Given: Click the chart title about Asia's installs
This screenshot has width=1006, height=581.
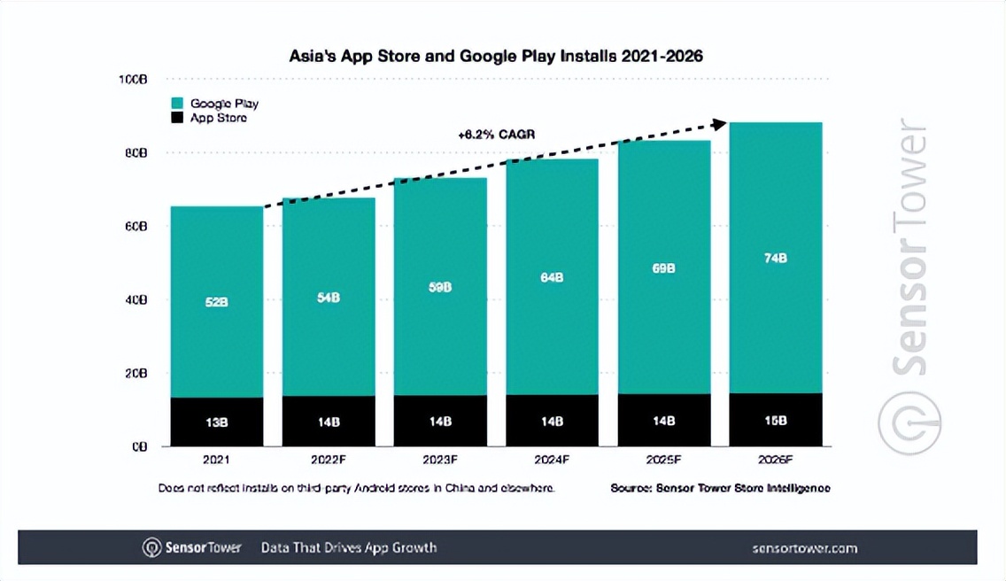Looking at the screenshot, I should (x=496, y=56).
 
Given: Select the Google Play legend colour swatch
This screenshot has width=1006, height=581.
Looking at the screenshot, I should (x=177, y=104).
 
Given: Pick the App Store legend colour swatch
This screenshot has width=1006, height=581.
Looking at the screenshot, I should (x=177, y=118).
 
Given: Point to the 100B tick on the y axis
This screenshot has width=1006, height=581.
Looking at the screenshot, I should (x=133, y=80).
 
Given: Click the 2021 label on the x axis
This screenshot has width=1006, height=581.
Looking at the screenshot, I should (x=216, y=460).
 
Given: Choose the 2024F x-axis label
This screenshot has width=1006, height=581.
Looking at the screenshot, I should (x=552, y=460).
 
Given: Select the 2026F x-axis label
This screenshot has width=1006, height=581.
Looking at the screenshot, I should (x=775, y=460).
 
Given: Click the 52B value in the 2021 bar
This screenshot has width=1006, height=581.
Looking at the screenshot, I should (x=216, y=302).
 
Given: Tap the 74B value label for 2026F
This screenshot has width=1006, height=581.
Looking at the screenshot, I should (x=775, y=258).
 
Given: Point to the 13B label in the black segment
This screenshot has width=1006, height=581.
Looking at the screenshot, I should (x=216, y=422).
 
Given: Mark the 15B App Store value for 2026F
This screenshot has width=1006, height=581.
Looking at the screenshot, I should (x=775, y=421).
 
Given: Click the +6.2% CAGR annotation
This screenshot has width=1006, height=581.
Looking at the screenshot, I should (x=497, y=135).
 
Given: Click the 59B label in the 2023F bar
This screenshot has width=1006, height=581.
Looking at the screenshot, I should (x=440, y=287).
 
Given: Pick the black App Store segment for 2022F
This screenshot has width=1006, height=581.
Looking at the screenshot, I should (x=329, y=421).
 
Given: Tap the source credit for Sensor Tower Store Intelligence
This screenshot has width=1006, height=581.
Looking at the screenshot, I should (x=720, y=488).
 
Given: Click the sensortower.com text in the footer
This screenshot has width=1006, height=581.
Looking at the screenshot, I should (x=804, y=548).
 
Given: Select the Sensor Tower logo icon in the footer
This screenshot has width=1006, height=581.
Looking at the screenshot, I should (x=152, y=547).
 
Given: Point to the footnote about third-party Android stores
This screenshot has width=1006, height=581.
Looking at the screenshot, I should (x=356, y=488).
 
